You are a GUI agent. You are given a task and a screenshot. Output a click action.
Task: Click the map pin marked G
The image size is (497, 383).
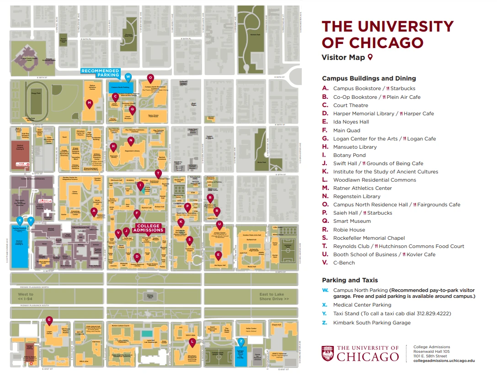click(49, 320)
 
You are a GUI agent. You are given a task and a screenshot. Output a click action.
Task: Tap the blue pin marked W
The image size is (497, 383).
click(128, 77)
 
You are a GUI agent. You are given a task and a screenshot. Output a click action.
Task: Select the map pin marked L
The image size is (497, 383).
click(192, 342)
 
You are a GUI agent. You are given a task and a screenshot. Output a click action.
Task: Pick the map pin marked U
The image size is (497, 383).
click(219, 224)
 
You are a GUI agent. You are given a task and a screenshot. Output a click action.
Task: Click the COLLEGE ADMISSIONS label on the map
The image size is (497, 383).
click(149, 227)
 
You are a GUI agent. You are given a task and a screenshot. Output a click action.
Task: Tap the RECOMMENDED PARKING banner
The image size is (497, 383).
click(100, 73)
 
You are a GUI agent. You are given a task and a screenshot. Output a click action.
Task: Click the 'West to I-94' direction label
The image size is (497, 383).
click(26, 297)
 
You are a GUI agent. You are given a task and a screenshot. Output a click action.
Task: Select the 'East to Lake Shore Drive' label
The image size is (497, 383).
click(274, 297)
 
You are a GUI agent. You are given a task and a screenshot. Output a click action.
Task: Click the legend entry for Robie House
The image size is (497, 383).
click(349, 230)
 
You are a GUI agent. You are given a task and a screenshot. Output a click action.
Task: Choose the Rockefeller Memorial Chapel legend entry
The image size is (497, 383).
click(369, 238)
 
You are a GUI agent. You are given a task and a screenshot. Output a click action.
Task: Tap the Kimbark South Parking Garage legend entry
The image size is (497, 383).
click(371, 323)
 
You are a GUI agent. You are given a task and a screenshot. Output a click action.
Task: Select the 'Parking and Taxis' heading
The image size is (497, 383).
click(350, 280)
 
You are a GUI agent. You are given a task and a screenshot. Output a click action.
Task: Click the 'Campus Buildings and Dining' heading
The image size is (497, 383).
click(369, 78)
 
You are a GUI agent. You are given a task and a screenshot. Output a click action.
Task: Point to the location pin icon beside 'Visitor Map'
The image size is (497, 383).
click(370, 57)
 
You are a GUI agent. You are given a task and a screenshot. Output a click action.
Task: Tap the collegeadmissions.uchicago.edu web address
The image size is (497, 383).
click(444, 361)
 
